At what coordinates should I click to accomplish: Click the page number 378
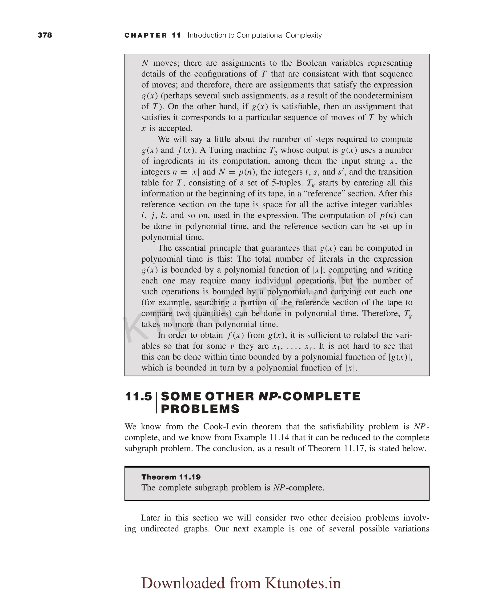pos(45,35)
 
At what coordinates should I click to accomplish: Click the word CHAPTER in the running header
pos(146,35)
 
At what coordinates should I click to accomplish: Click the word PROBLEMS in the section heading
pos(200,409)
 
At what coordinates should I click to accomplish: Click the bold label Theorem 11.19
pos(171,477)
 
